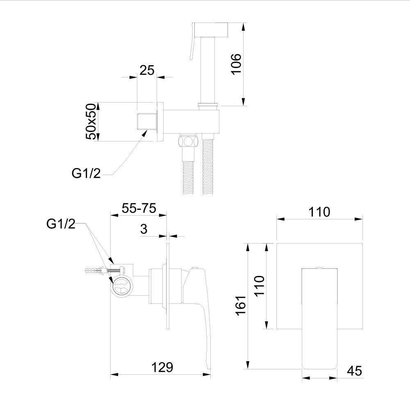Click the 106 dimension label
click(237, 64)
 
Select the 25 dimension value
click(147, 70)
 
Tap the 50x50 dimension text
click(91, 122)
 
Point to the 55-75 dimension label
click(139, 208)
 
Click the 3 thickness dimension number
click(144, 229)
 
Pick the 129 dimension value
click(162, 367)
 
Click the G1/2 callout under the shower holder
click(86, 173)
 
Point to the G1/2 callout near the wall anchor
click(61, 224)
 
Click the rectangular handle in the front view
click(319, 319)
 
